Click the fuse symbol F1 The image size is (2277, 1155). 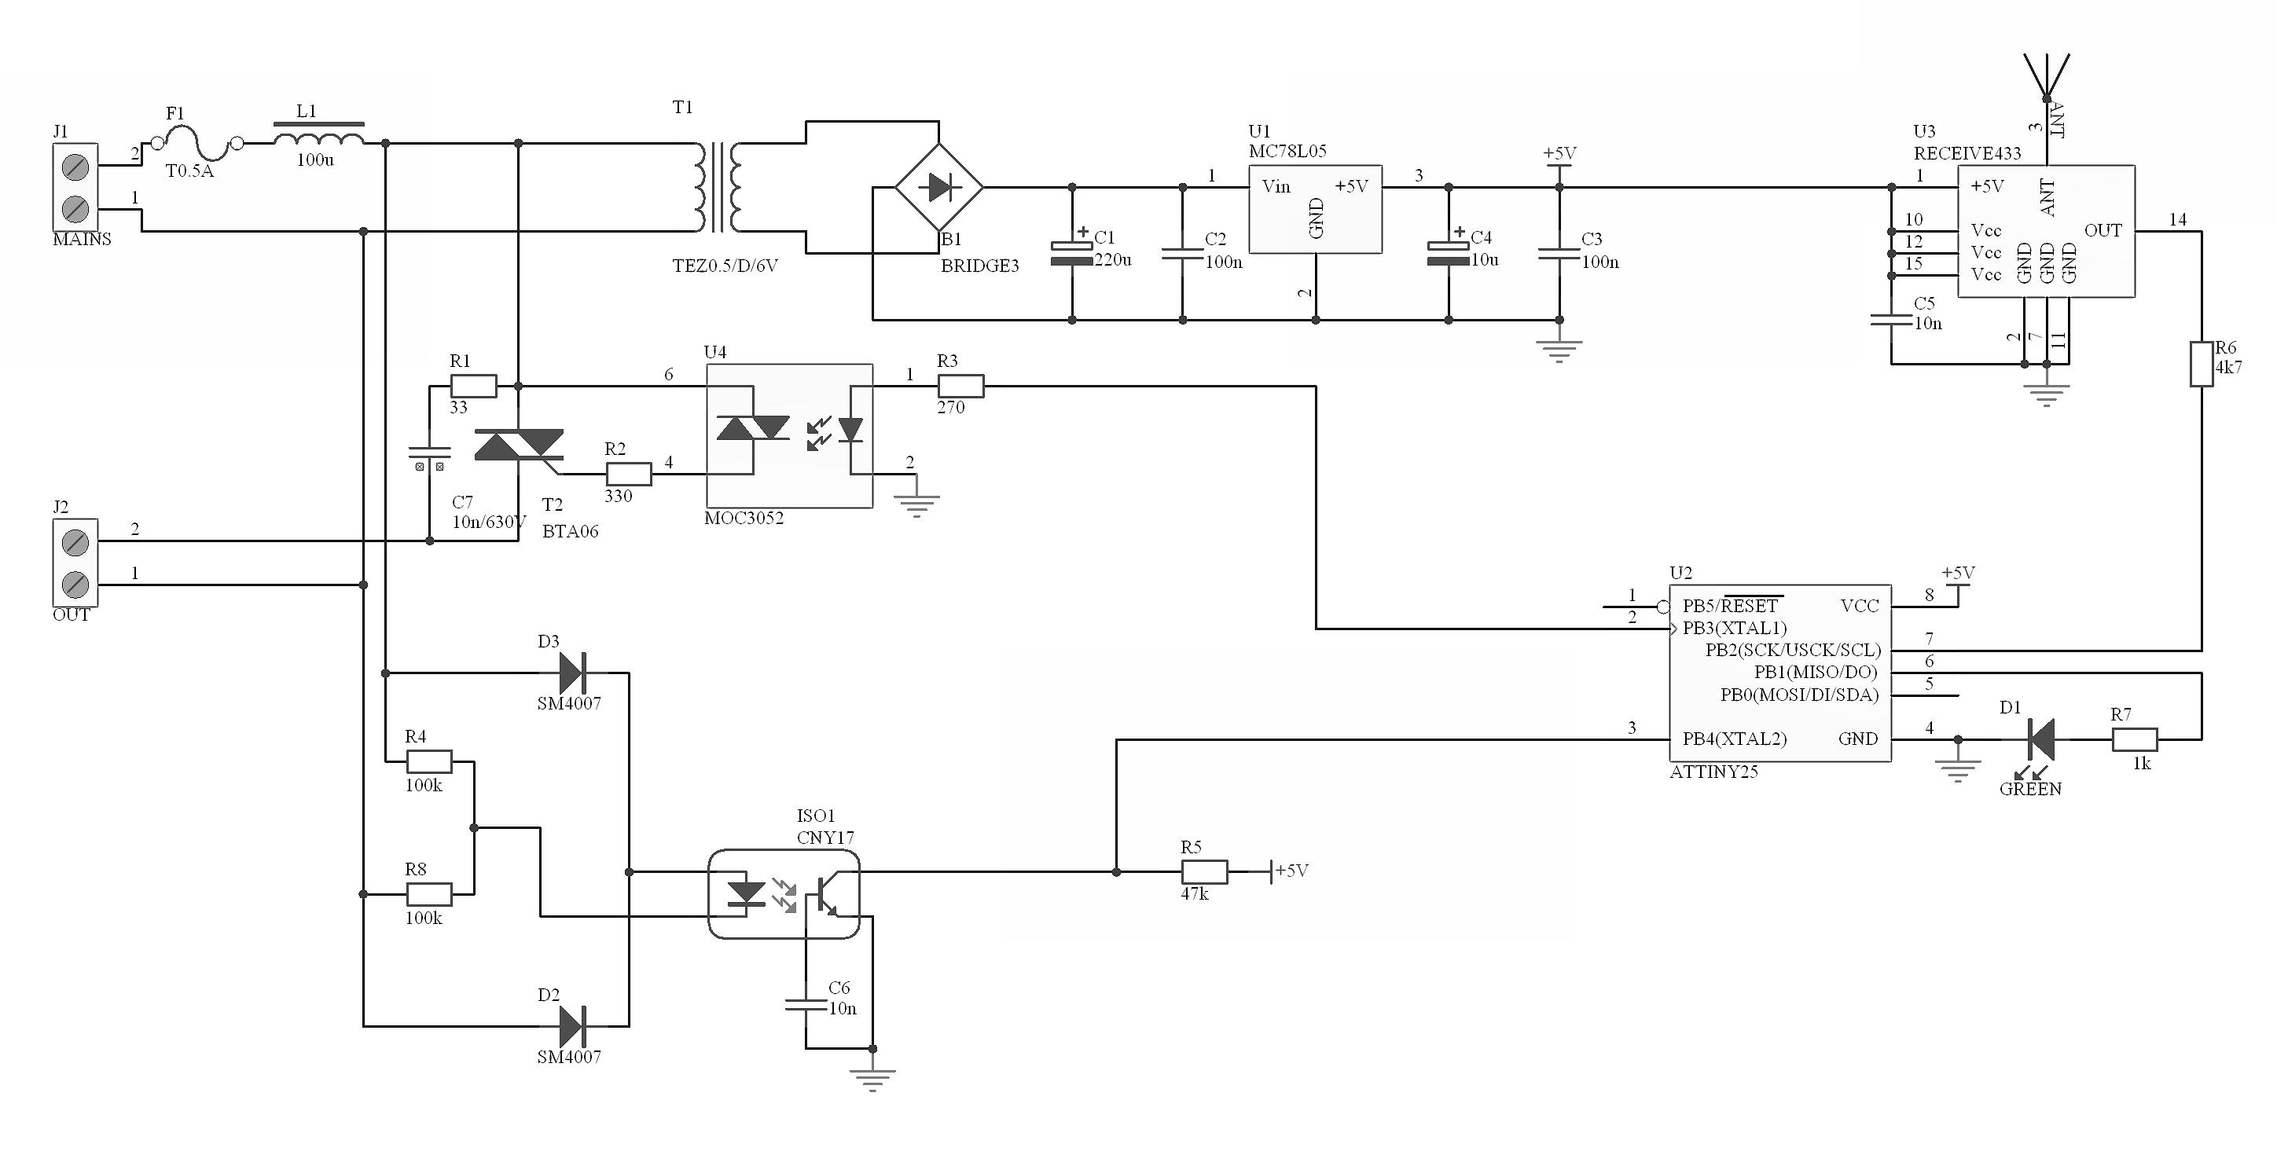(x=197, y=143)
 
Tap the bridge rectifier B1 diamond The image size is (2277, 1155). (x=938, y=187)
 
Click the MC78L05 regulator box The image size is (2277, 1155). (x=1315, y=210)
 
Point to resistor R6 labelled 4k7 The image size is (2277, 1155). (x=2201, y=364)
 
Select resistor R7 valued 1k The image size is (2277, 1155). (x=2135, y=739)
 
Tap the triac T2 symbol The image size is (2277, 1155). (x=520, y=445)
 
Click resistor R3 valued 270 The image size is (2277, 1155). (x=960, y=386)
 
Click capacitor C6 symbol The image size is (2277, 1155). (x=806, y=1004)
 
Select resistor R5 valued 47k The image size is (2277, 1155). (x=1205, y=872)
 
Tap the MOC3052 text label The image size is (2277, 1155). (x=744, y=519)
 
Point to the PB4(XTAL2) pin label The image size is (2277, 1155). (x=1734, y=739)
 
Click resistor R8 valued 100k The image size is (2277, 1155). (x=430, y=894)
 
